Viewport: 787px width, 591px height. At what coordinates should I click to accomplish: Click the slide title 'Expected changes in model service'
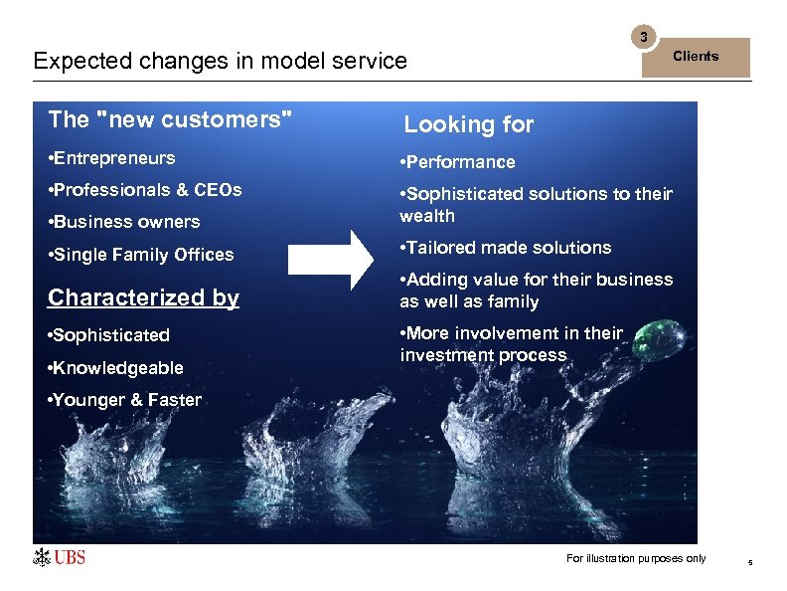220,61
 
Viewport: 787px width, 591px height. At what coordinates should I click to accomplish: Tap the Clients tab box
695,57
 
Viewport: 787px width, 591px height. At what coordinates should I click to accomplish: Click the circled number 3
644,38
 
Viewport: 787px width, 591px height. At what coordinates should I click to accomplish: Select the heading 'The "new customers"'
170,120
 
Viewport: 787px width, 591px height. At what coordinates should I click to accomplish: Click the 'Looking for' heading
468,124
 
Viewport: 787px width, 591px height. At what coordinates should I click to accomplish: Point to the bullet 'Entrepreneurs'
111,158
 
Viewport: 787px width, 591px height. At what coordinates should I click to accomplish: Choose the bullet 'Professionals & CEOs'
145,190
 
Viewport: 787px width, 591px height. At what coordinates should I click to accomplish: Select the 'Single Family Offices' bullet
141,255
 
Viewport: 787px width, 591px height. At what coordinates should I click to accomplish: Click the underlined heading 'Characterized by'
143,297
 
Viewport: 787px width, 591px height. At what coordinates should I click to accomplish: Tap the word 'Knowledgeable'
118,368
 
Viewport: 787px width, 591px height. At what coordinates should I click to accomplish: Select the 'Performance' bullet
457,162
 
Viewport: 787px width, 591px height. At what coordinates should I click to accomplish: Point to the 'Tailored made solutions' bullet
505,248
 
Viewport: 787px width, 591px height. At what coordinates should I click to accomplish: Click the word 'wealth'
427,216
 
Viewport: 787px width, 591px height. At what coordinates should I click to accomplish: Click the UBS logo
60,557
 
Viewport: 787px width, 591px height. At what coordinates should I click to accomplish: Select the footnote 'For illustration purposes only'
636,558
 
